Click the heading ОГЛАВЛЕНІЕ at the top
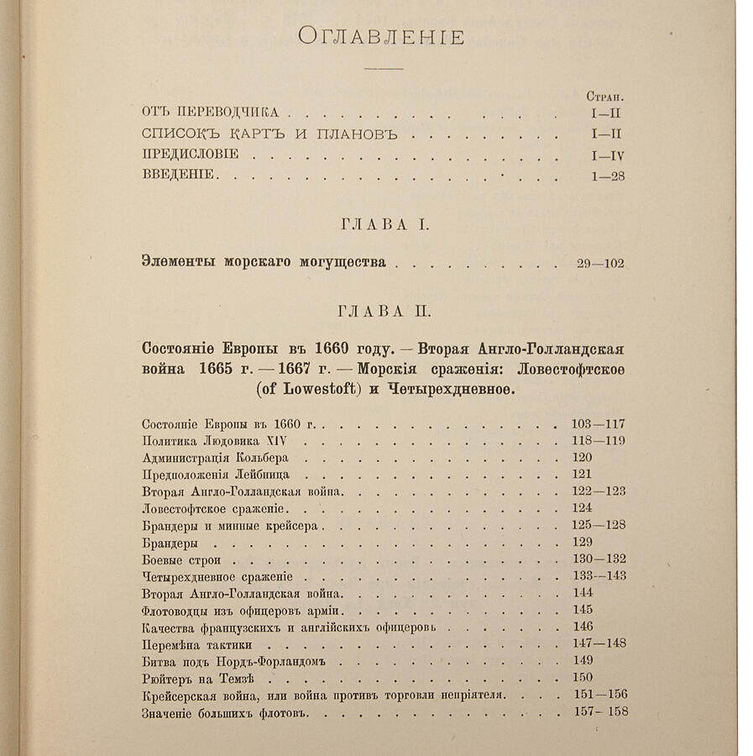tap(382, 37)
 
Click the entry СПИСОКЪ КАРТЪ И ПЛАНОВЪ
tap(257, 134)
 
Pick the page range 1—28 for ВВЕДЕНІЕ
tap(606, 176)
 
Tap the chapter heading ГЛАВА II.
tap(384, 311)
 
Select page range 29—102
tap(600, 263)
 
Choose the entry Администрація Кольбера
tap(216, 458)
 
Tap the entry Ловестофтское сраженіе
tap(216, 508)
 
